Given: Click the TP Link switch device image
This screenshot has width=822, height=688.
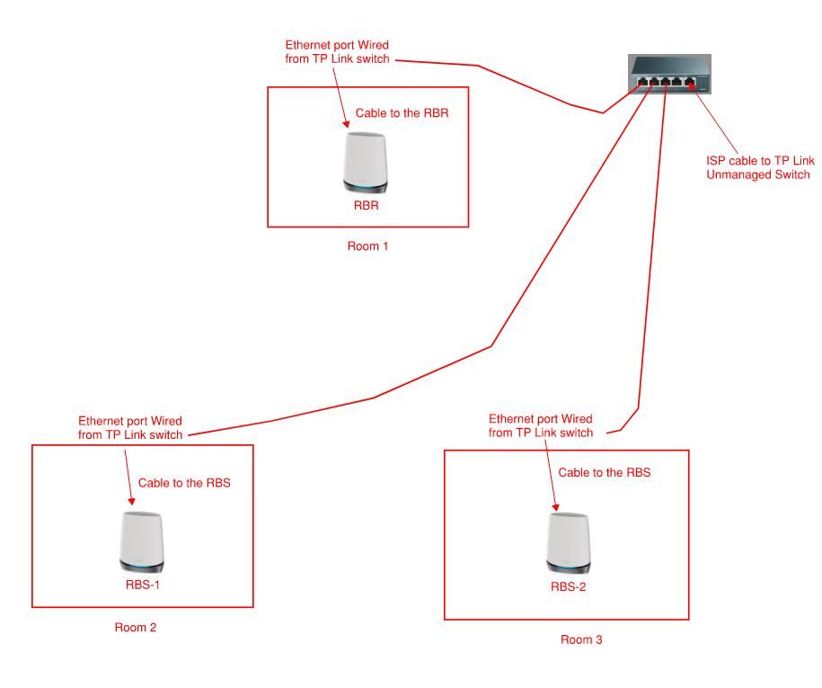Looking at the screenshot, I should (x=669, y=74).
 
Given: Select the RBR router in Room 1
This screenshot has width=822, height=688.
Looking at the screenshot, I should (x=367, y=163).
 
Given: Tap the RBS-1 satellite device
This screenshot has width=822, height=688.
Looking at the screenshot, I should (x=142, y=542).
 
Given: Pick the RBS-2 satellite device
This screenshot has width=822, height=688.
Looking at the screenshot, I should (x=570, y=542).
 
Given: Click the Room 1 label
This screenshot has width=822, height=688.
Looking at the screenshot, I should (x=367, y=246).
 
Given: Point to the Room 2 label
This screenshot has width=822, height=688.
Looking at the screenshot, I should (x=136, y=627).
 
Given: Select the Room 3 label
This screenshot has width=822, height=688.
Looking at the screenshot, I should (x=581, y=639).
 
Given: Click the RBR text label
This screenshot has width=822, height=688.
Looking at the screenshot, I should (x=367, y=205).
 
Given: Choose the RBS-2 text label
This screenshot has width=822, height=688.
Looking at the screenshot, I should (x=570, y=586).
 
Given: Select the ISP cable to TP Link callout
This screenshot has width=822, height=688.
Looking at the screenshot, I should (x=759, y=167).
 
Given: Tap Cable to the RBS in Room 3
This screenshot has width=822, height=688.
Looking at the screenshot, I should (x=605, y=472).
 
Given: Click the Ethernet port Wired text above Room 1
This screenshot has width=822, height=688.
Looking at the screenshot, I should (x=336, y=52).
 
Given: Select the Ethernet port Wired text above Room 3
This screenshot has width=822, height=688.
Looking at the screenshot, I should (x=541, y=425).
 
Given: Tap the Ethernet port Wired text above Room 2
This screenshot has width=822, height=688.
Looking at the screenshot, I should (x=130, y=427).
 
